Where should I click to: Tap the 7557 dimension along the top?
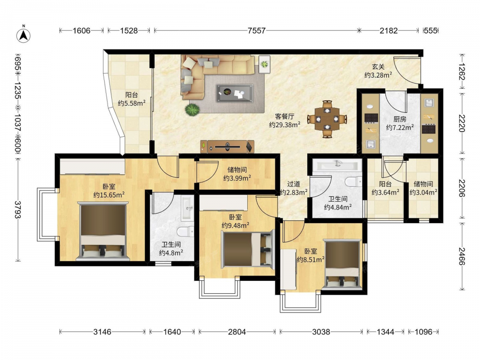tap(256, 31)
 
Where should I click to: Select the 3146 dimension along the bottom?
tap(102, 332)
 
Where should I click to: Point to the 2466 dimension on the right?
tap(462, 256)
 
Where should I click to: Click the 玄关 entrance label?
tap(378, 66)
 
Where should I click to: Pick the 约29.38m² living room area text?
tap(285, 125)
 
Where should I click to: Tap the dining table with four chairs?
tap(327, 119)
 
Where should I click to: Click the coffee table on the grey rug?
tap(235, 93)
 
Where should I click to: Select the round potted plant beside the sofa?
tap(192, 110)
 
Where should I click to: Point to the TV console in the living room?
tap(228, 146)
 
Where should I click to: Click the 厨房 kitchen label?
tap(400, 119)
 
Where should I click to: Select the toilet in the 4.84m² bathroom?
tap(354, 182)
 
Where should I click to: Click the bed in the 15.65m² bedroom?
tap(103, 231)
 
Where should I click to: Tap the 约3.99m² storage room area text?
tap(237, 178)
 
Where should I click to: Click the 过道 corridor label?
tap(294, 184)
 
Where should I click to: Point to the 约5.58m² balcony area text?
tap(132, 103)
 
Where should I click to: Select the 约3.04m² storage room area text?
tap(423, 192)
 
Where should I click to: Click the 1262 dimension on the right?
tap(462, 72)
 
